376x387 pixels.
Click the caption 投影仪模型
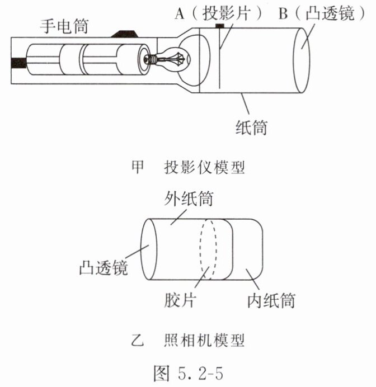click(x=204, y=167)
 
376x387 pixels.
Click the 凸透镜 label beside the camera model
click(x=104, y=267)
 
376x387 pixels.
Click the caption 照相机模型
click(x=204, y=339)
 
